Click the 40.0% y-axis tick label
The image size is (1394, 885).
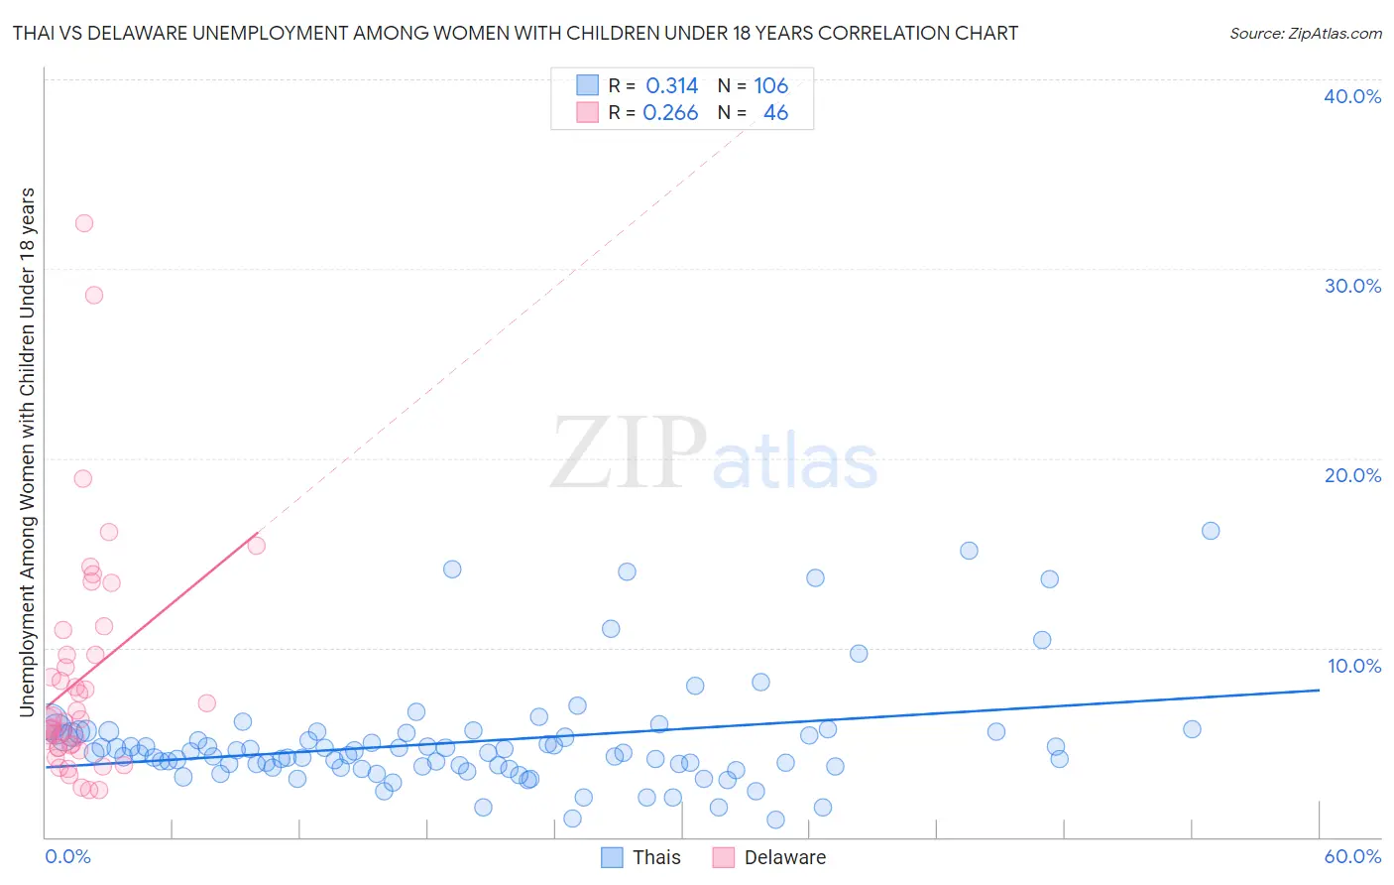coord(1352,96)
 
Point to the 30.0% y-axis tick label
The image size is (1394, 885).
coord(1352,286)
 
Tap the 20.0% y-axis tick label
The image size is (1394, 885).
coord(1352,475)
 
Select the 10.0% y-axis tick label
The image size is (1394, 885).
coord(1353,666)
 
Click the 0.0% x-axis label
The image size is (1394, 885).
coord(67,856)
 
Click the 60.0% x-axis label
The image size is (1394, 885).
coord(1352,856)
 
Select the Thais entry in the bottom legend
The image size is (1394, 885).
coord(641,857)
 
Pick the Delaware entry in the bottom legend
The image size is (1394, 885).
coord(768,857)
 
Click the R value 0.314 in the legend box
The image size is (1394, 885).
coord(671,86)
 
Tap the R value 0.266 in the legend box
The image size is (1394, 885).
coord(670,113)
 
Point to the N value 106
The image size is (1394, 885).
coord(770,86)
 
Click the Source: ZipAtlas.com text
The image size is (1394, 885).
coord(1305,33)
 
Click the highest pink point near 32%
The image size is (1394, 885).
coord(84,223)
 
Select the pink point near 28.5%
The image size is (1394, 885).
coord(94,295)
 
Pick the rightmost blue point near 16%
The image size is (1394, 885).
coord(1211,531)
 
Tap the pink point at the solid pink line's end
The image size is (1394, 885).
coord(256,545)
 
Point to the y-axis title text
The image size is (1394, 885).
coord(27,451)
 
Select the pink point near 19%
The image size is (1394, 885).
coord(83,478)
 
